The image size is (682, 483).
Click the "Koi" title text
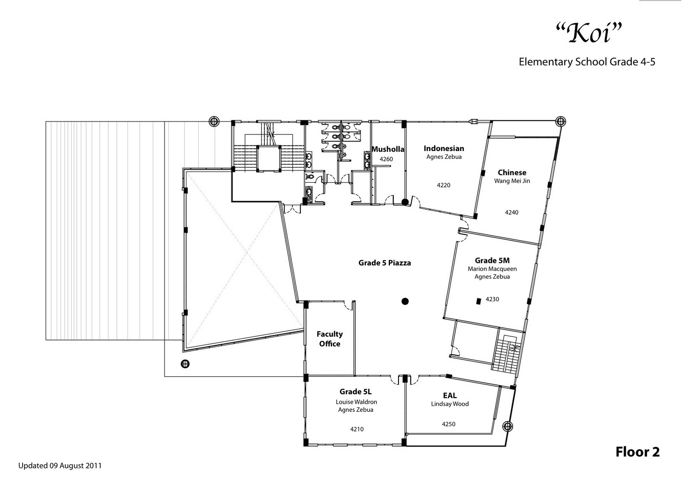(589, 33)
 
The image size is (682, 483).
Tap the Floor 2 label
(637, 452)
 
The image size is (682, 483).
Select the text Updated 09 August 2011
(60, 466)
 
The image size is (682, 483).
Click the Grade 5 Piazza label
(384, 263)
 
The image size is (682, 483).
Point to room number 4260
(386, 159)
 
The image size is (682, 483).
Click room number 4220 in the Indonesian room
(443, 185)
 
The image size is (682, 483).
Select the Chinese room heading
(512, 172)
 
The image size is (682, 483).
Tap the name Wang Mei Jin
(512, 181)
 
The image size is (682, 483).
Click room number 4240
(511, 212)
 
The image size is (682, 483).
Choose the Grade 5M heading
(492, 260)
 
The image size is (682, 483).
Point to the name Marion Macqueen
(492, 269)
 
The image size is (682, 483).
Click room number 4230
(492, 299)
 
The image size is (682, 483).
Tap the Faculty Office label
(329, 339)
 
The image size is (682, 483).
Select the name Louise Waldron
(356, 402)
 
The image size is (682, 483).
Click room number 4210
(357, 429)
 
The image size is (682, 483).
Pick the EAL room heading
(450, 396)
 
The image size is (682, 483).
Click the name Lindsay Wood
(450, 404)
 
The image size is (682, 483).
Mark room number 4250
(448, 424)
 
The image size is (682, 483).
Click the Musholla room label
(387, 149)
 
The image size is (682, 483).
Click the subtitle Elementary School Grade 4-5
(587, 62)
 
